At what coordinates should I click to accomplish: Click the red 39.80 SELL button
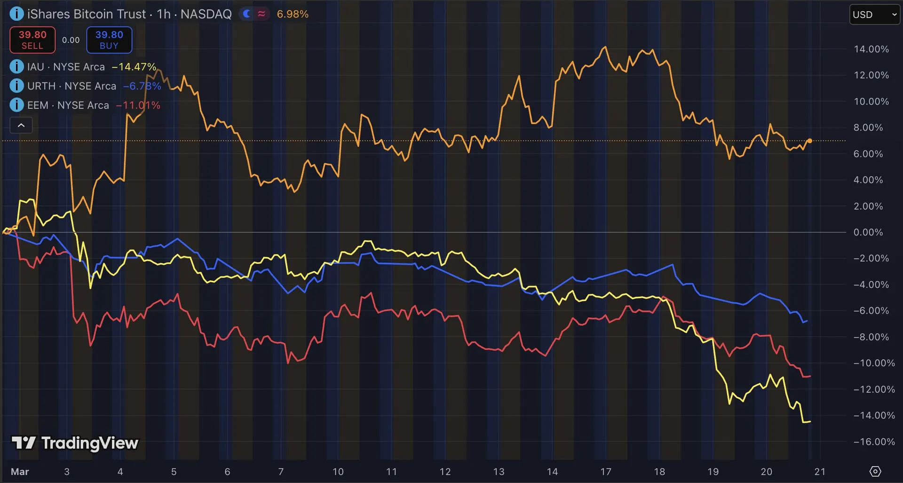[32, 40]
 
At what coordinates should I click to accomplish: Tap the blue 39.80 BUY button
[109, 40]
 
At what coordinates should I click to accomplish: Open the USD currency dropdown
[874, 15]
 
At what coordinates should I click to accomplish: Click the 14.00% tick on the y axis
[871, 49]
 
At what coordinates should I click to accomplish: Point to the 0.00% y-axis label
[868, 232]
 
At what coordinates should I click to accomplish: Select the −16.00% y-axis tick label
[874, 442]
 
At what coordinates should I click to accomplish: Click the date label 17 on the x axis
[606, 472]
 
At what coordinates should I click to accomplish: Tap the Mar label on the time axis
[20, 472]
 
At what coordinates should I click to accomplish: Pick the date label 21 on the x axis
[820, 472]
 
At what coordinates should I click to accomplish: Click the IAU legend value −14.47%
[134, 67]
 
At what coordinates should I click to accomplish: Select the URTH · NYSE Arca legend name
[71, 86]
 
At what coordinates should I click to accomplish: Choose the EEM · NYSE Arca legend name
[68, 105]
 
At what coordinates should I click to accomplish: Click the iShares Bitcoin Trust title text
[87, 14]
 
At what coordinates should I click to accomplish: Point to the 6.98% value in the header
[293, 14]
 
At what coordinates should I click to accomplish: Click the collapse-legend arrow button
[21, 125]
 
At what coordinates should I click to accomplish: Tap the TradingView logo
[75, 443]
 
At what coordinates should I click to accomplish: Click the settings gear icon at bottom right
[875, 471]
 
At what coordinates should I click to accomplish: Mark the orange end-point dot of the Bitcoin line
[810, 141]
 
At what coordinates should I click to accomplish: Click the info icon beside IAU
[16, 67]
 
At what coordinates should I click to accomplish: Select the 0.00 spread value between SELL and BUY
[71, 40]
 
